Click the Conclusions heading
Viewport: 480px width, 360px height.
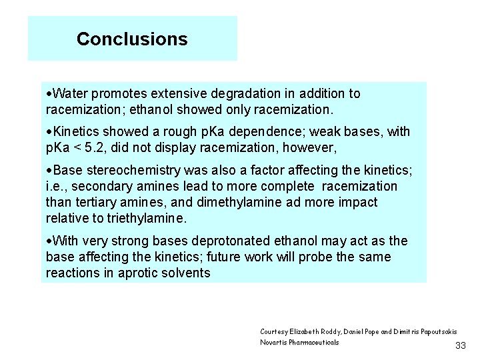coord(132,39)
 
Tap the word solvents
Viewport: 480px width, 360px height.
coord(186,273)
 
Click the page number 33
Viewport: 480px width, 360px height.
coord(460,345)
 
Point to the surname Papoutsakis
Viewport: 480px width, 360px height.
coord(435,331)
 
